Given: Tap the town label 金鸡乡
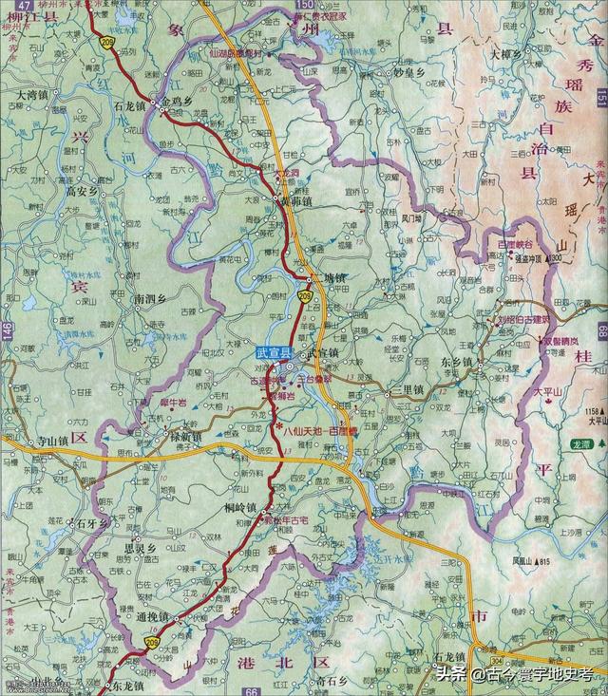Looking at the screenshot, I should pos(181,98).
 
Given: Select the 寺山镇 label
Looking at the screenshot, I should pos(54,442).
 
